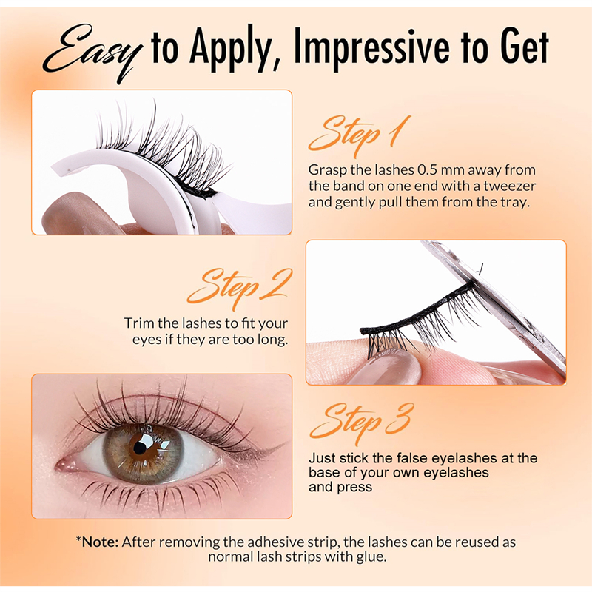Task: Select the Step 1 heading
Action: pos(359,135)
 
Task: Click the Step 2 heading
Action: pos(239,288)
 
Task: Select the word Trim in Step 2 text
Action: pos(139,323)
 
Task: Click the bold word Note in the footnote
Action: pos(100,542)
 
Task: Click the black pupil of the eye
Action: pos(140,448)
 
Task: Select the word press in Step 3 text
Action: pos(354,487)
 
